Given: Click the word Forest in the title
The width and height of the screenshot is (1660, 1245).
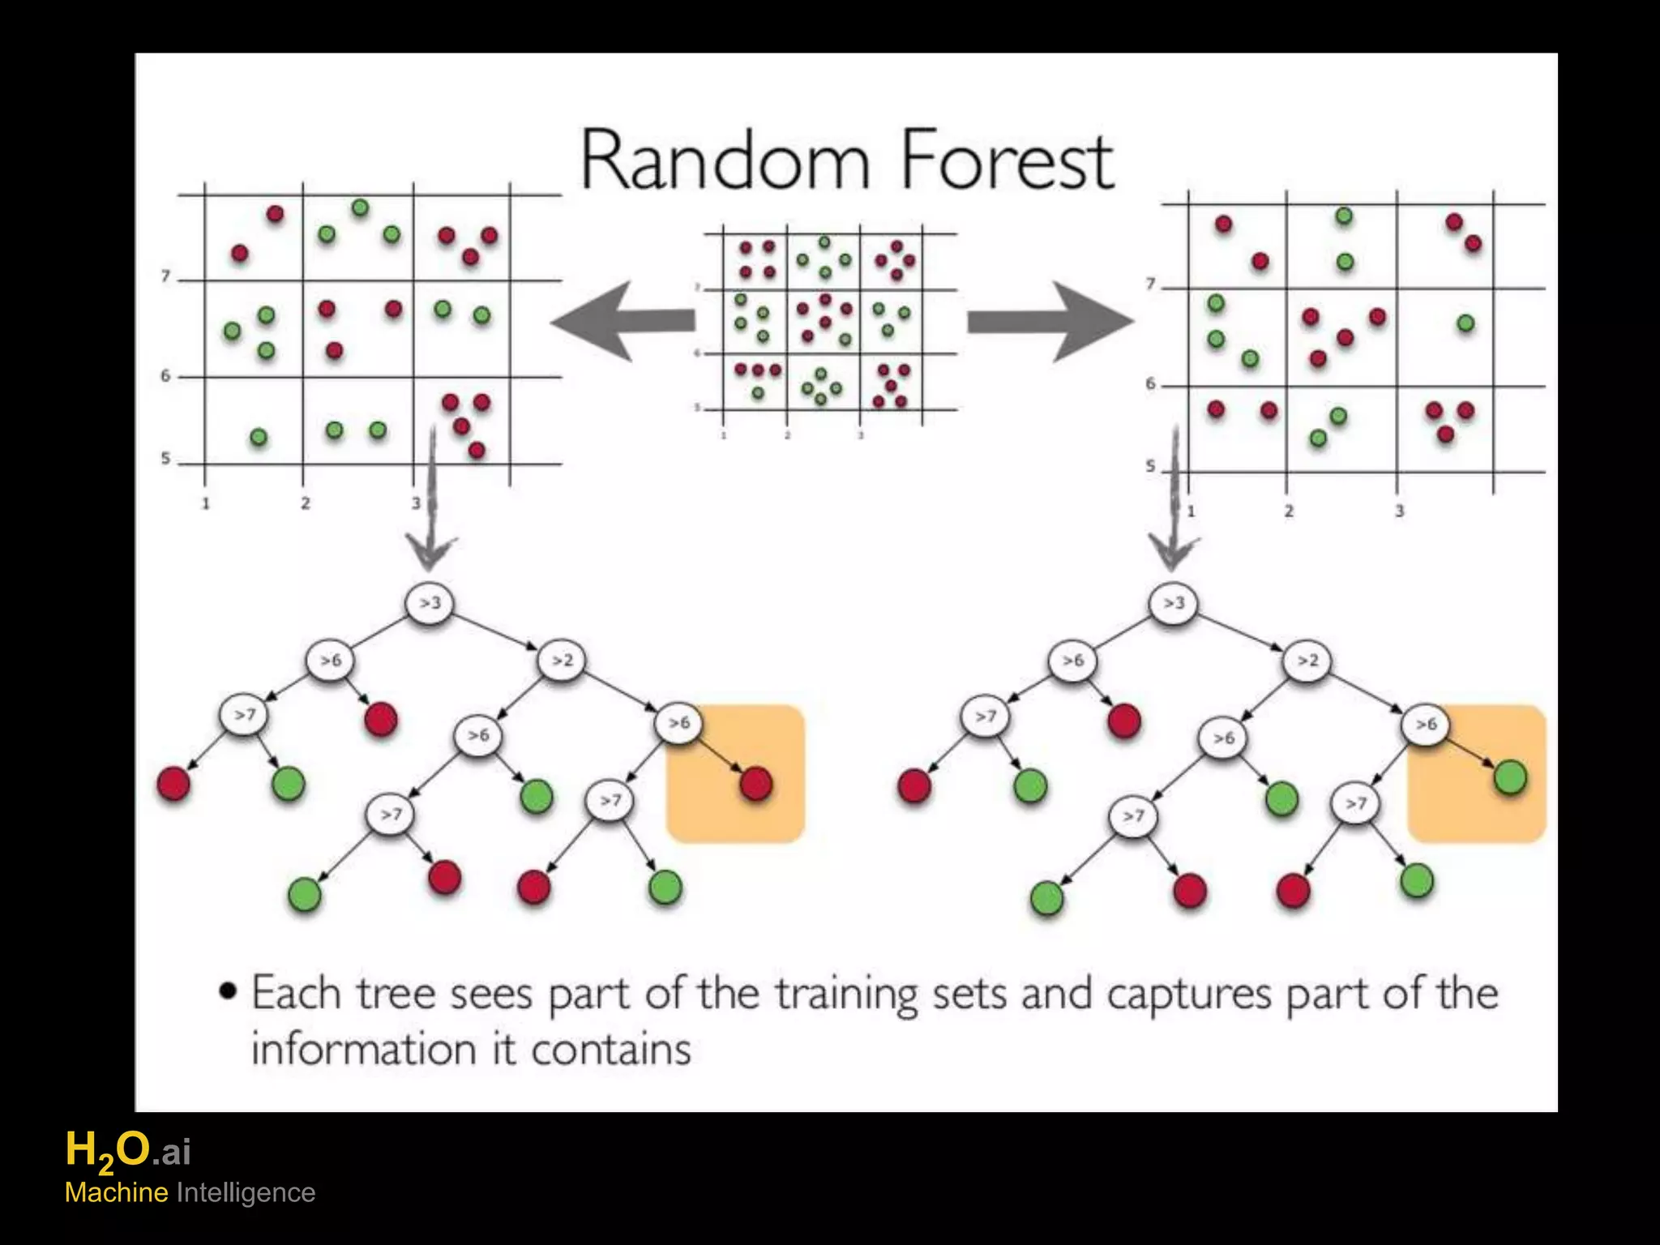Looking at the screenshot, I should click(1008, 160).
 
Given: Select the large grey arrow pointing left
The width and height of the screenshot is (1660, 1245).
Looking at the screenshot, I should click(622, 321).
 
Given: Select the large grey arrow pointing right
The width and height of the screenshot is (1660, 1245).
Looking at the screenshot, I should click(1050, 321).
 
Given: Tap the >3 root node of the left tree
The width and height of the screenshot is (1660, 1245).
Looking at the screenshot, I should click(429, 603).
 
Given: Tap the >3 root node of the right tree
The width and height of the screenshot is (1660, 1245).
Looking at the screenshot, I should click(1173, 603).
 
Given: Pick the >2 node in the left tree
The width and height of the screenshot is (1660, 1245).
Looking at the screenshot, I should click(561, 661).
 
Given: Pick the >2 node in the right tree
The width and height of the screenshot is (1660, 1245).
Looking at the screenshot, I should click(1307, 661).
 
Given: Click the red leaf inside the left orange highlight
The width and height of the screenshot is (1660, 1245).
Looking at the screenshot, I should click(755, 784).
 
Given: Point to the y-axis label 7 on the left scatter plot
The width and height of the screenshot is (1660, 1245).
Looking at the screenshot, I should click(166, 277).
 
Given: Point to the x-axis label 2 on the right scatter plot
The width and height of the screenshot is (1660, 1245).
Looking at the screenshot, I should click(1289, 511).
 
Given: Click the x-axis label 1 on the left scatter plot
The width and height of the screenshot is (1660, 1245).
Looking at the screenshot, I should click(206, 503).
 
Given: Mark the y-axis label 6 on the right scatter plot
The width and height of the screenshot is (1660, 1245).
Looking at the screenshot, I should click(1150, 384).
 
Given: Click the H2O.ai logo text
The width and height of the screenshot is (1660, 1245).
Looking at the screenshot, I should click(128, 1152).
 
